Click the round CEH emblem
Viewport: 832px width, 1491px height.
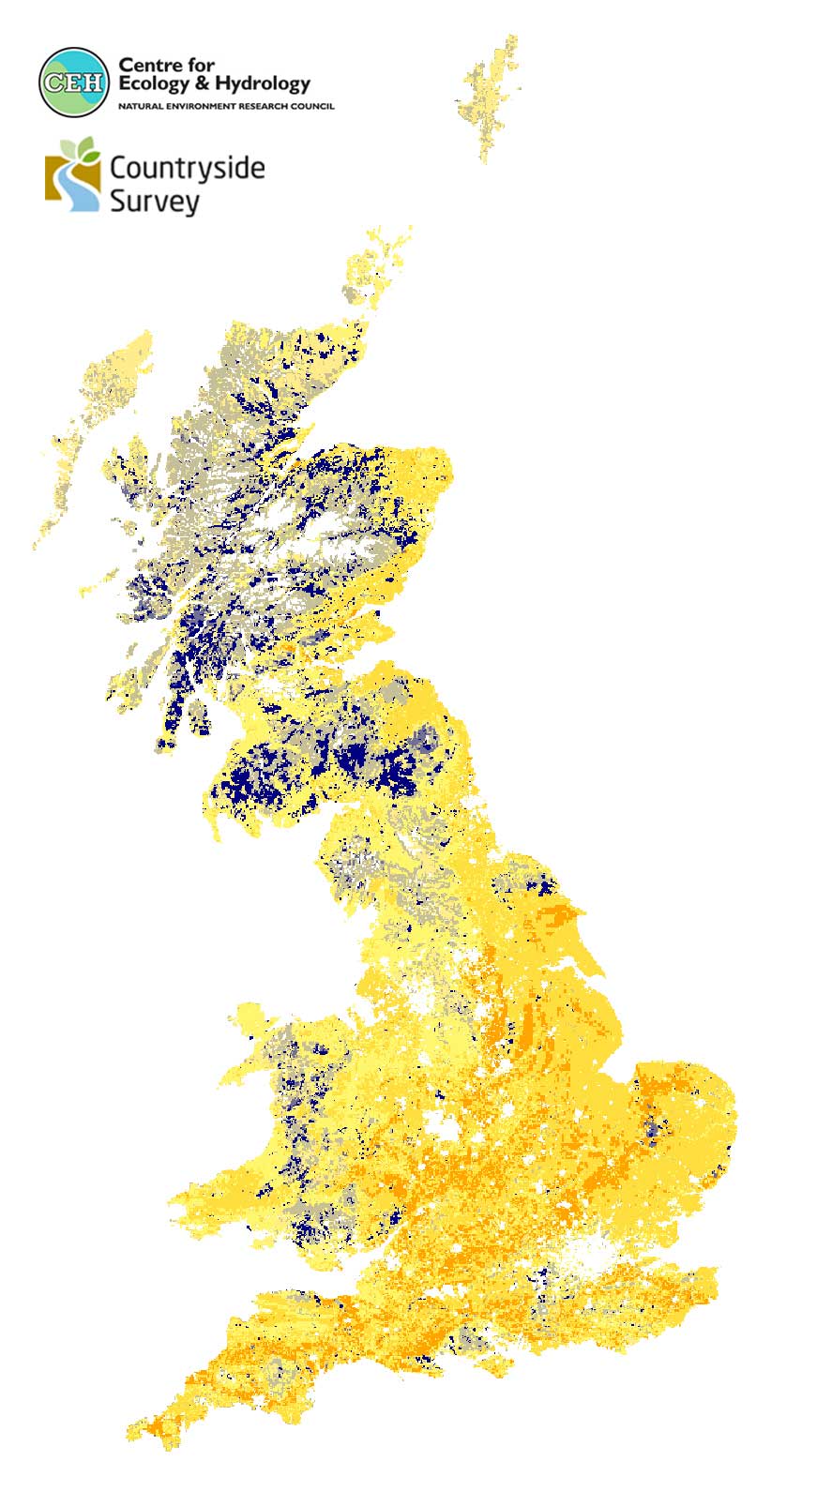pos(73,82)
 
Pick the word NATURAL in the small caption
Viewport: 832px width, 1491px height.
pos(137,107)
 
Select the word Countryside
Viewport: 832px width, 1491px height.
pos(187,168)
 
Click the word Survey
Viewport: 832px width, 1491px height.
pos(154,201)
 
